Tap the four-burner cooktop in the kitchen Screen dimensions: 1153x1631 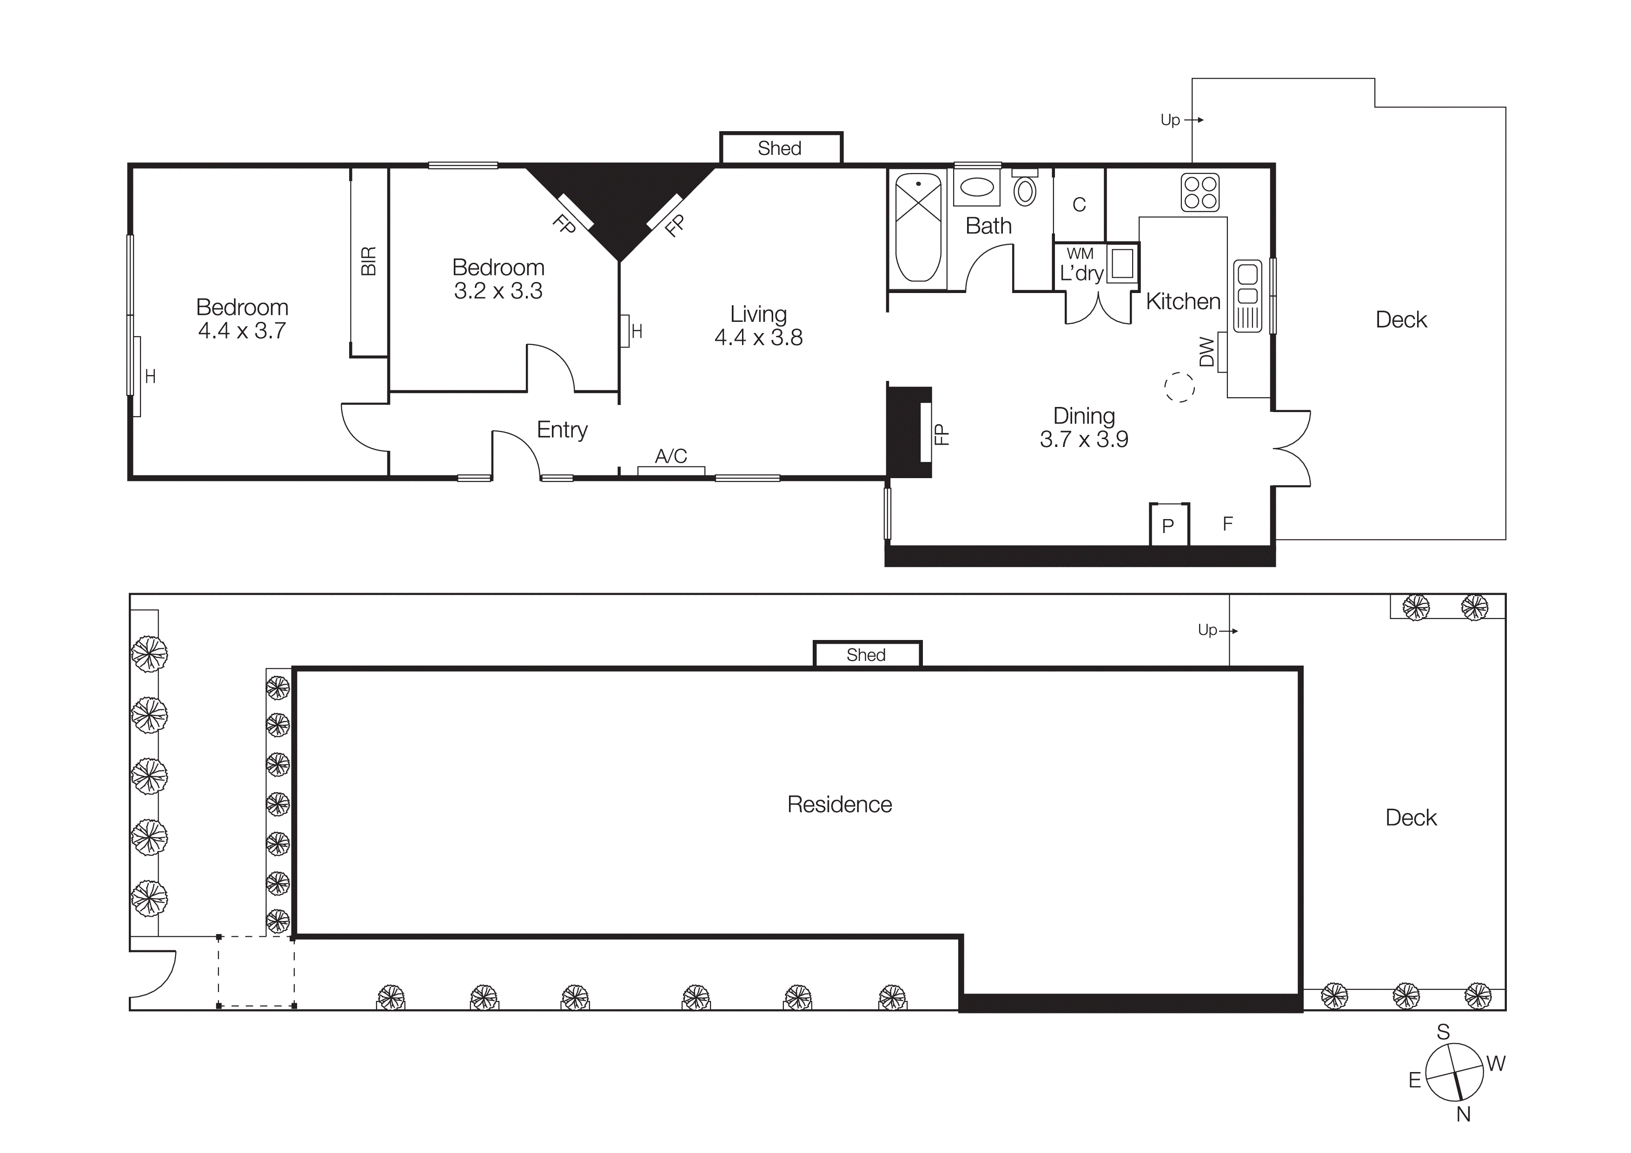[1200, 193]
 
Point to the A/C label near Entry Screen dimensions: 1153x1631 [670, 456]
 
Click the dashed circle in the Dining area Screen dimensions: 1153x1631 [1179, 387]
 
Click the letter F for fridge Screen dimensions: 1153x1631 [1227, 524]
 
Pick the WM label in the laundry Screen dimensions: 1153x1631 [1080, 253]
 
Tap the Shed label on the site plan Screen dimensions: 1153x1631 [866, 655]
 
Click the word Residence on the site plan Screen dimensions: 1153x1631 [840, 804]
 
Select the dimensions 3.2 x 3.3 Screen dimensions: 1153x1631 [498, 291]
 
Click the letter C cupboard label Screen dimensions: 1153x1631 [1079, 205]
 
